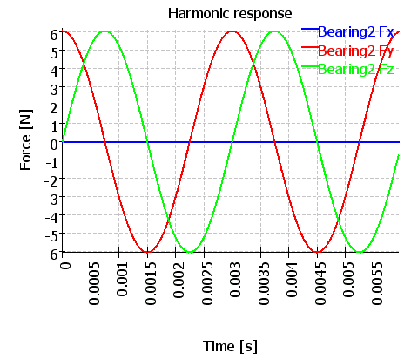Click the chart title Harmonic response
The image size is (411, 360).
tap(230, 14)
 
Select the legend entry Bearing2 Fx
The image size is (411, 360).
tap(356, 31)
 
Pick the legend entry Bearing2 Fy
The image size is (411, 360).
tap(356, 51)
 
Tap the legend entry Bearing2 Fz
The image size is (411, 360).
tap(356, 70)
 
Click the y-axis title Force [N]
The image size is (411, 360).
tap(26, 140)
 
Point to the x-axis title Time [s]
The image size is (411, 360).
tap(230, 346)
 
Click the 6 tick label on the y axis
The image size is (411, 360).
tap(54, 35)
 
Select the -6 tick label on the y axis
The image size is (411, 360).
tap(52, 254)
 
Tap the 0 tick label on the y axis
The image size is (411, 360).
tap(54, 145)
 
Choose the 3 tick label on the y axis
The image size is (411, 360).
tap(54, 90)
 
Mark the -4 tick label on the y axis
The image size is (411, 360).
tap(52, 217)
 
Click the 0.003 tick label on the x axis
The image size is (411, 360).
tap(235, 280)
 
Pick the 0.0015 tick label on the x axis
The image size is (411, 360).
tap(151, 283)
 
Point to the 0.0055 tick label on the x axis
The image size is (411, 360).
tap(377, 283)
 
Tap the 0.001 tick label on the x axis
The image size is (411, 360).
tap(122, 280)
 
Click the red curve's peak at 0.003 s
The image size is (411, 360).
tap(232, 31)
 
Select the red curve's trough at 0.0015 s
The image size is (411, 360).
tap(147, 252)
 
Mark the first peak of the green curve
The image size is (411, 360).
tap(104, 31)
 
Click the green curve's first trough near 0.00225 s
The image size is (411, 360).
tap(190, 252)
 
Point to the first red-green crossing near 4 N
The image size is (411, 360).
tap(84, 65)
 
